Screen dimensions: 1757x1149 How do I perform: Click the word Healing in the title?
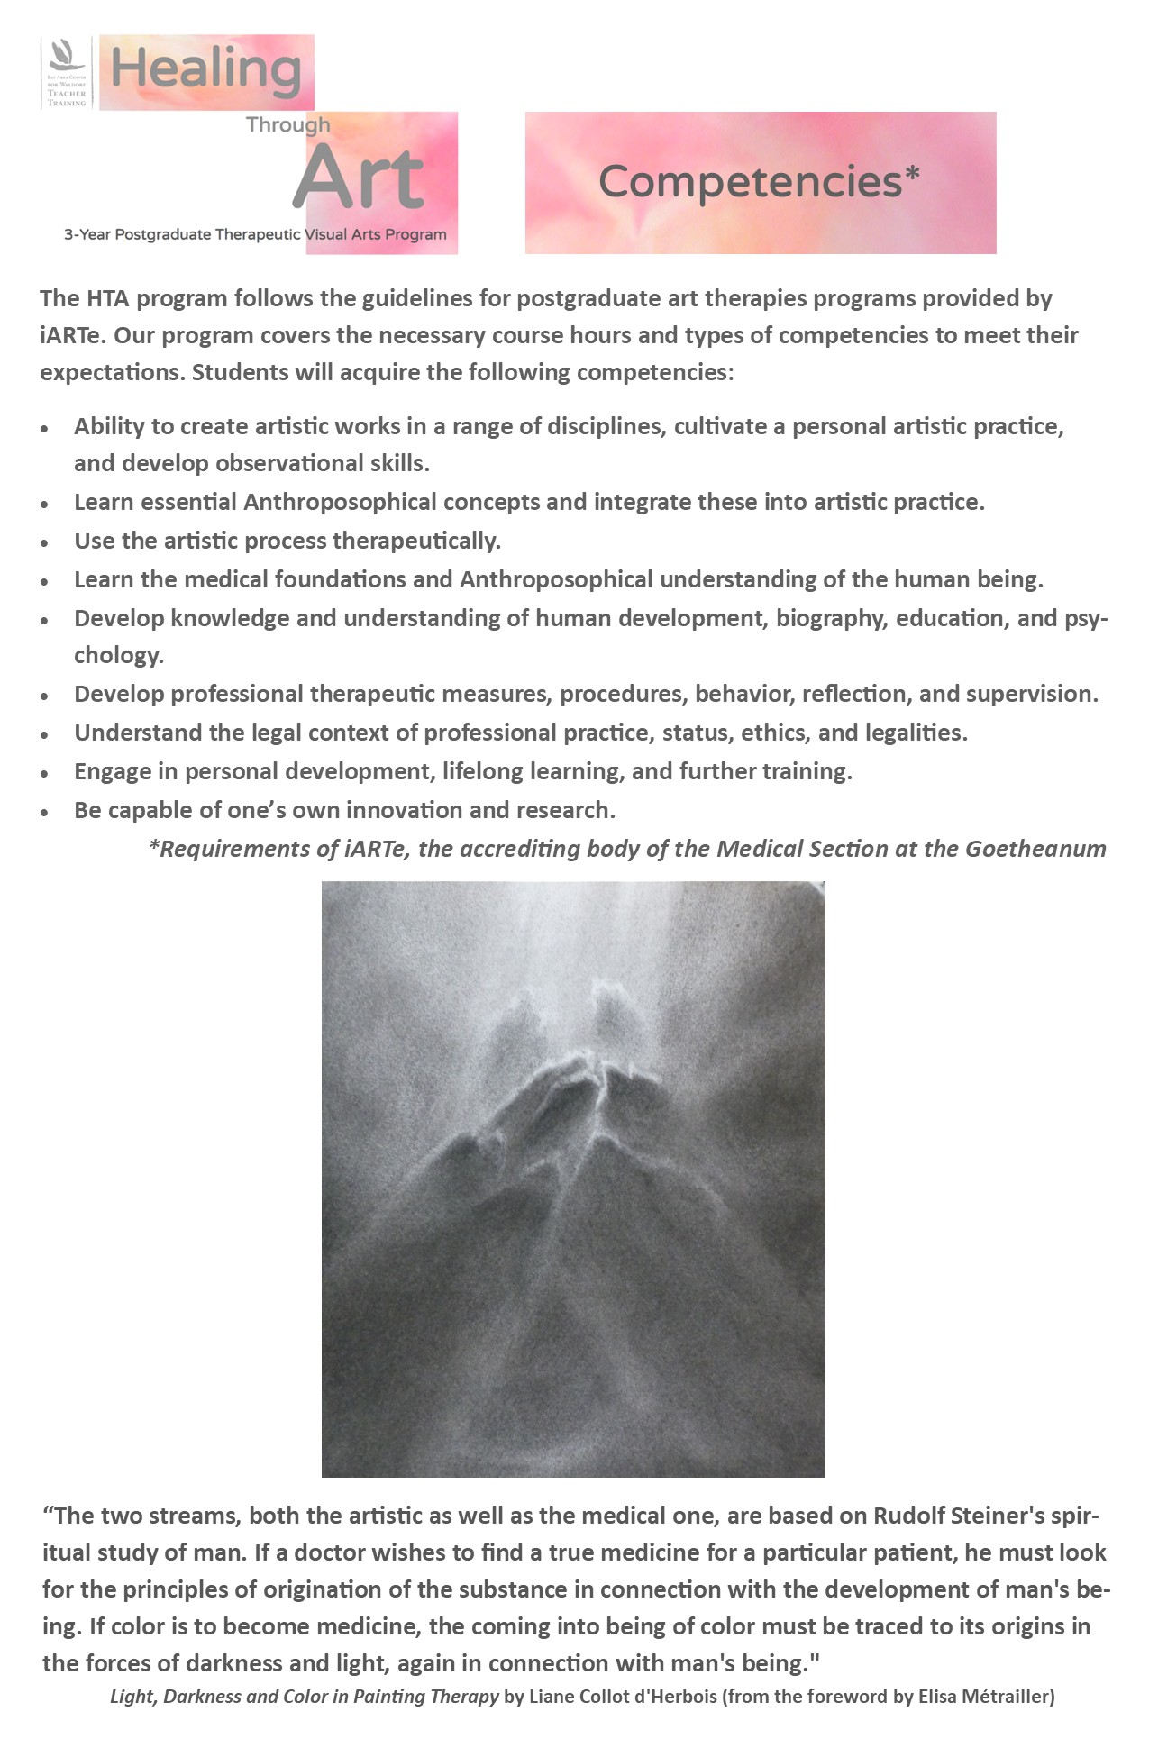(205, 69)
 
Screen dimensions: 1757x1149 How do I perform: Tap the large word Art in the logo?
(359, 178)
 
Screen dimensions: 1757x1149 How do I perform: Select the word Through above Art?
(288, 124)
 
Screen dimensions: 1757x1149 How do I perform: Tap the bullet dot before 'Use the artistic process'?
(45, 542)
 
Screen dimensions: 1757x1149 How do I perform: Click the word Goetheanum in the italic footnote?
(1035, 849)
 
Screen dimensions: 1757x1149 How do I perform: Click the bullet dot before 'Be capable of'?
(45, 812)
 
